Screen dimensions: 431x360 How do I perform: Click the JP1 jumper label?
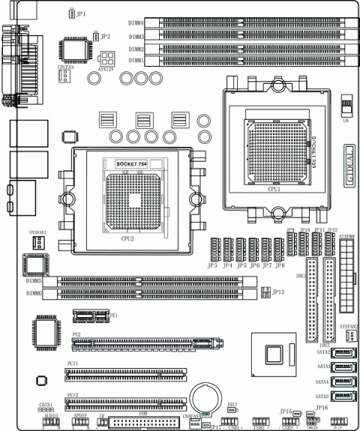[x=81, y=13]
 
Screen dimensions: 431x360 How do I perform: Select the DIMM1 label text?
[x=136, y=60]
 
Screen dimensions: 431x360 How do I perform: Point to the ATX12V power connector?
[x=106, y=59]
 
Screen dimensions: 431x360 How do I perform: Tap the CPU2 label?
[x=127, y=238]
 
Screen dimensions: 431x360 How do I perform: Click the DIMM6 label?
[x=34, y=295]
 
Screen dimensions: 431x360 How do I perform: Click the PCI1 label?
[x=73, y=363]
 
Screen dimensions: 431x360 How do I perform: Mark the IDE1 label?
[x=301, y=255]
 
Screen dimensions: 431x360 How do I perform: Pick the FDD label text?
[x=142, y=413]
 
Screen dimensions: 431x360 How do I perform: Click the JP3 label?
[x=212, y=265]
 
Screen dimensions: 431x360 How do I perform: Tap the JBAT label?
[x=232, y=403]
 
